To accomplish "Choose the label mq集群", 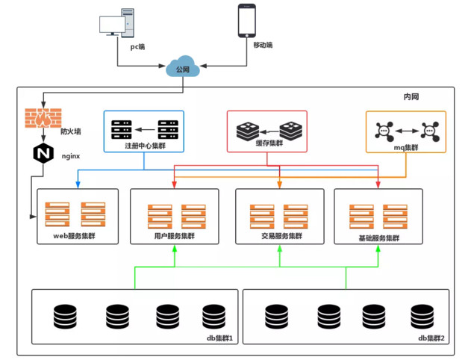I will coord(406,147).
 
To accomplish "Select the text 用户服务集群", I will coord(173,237).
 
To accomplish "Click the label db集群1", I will coord(220,338).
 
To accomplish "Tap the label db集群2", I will coord(431,338).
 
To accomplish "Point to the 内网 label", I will coord(412,99).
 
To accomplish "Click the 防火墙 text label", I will coord(71,131).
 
